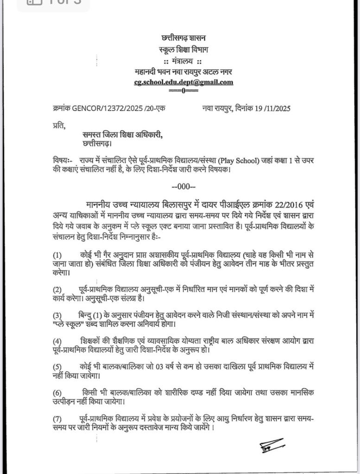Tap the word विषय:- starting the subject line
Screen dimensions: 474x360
pyautogui.click(x=63, y=160)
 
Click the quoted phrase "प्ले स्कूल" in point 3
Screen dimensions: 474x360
pyautogui.click(x=68, y=324)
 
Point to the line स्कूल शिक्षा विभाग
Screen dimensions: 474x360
pyautogui.click(x=183, y=50)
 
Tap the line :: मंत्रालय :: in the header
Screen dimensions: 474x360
pyautogui.click(x=183, y=62)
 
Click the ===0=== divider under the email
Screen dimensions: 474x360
pyautogui.click(x=183, y=91)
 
